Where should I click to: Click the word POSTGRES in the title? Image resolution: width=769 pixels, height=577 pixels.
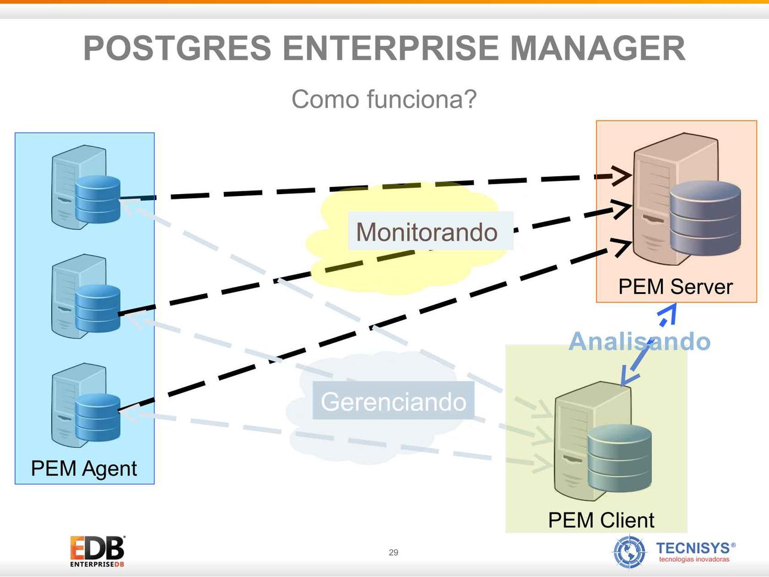[177, 48]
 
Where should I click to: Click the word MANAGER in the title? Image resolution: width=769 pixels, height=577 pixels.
[598, 48]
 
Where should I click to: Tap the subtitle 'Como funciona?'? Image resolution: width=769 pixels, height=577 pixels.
[384, 99]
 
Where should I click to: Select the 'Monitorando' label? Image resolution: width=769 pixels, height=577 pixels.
[427, 232]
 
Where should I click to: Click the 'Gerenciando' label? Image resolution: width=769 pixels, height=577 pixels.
[393, 401]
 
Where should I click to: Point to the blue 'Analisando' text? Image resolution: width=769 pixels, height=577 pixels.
[639, 341]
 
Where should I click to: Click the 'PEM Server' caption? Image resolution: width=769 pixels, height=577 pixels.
[675, 287]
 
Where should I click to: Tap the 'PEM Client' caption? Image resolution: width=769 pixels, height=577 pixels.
[601, 520]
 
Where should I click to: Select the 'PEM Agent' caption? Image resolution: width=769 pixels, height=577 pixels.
[84, 468]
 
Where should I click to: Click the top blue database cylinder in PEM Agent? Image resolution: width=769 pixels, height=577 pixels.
[98, 200]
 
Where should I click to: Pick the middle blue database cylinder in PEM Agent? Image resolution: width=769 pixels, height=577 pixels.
[98, 308]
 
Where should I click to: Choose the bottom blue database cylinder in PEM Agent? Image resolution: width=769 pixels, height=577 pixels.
[98, 418]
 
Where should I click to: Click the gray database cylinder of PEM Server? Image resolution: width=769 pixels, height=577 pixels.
[705, 218]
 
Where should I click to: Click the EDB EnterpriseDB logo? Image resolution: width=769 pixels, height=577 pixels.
[97, 551]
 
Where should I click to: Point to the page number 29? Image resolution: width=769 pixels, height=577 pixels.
[393, 553]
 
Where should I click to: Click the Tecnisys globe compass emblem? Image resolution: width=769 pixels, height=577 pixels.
[629, 552]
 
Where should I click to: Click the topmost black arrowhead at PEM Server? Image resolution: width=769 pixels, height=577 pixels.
[622, 175]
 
